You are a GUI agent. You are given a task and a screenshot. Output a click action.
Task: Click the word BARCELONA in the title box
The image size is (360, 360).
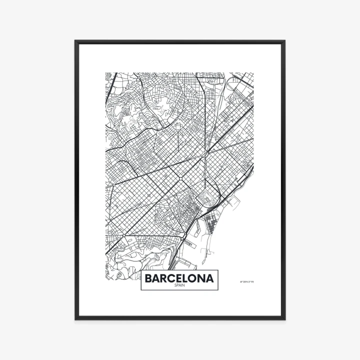point(179,278)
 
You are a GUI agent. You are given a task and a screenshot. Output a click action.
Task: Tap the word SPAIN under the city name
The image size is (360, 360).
point(179,286)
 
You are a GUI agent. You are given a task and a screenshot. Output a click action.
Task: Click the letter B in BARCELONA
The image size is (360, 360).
point(148,278)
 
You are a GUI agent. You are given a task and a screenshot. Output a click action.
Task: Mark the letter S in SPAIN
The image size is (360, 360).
point(175,286)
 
